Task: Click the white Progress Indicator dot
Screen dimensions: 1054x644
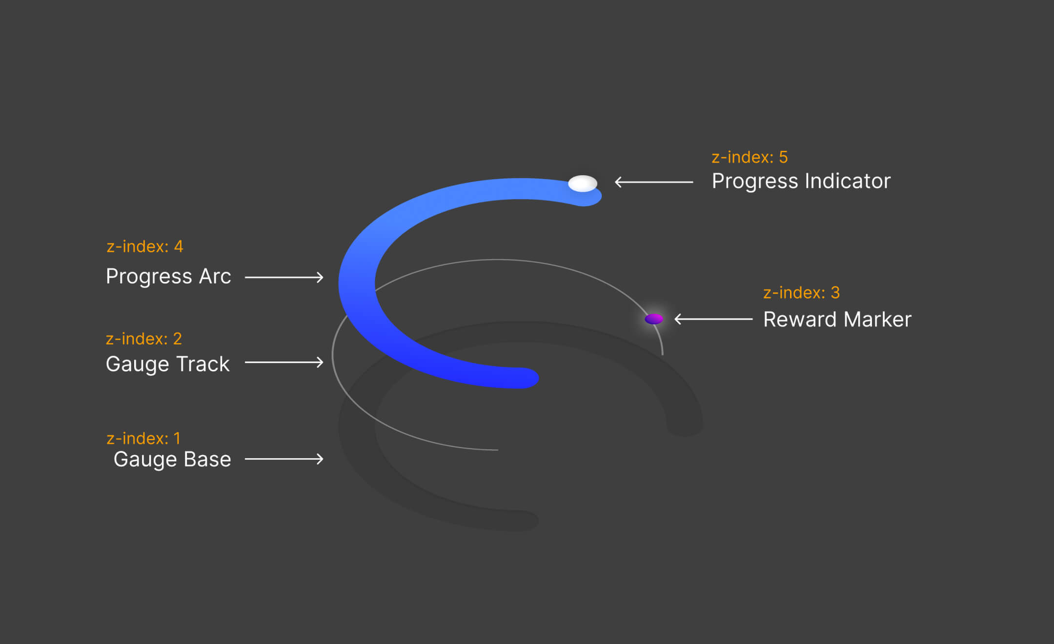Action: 583,183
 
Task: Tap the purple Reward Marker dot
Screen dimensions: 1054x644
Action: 654,319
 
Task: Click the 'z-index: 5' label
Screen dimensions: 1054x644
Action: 750,157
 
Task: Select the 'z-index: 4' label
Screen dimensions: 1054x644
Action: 145,246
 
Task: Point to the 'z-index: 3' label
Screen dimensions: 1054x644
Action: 801,293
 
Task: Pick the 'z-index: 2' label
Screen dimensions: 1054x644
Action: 144,339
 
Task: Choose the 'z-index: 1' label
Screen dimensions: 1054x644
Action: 143,438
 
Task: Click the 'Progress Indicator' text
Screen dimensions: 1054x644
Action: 801,181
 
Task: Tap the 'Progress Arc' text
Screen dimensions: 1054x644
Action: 168,277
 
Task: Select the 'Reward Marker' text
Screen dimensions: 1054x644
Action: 837,320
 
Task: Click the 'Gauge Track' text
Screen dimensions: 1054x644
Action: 167,364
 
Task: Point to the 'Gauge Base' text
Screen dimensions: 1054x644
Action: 172,459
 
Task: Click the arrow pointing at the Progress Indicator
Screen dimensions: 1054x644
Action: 654,182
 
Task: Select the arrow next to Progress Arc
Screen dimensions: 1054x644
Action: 284,277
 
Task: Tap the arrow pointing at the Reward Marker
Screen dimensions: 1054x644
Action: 713,319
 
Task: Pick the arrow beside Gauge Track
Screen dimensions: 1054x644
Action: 284,362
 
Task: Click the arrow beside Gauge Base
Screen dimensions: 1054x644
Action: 284,459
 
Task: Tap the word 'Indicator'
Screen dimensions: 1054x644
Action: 848,181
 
